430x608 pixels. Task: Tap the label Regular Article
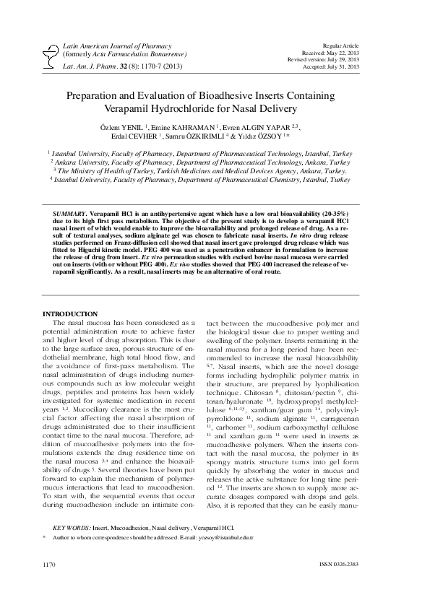355,45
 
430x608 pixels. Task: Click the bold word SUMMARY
69,215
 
